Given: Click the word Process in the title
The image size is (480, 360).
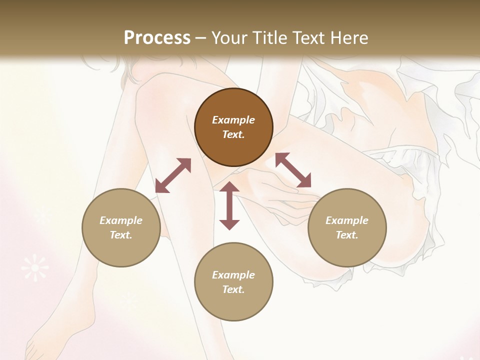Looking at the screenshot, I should tap(157, 38).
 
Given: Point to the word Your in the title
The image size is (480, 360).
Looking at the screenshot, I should tap(230, 38).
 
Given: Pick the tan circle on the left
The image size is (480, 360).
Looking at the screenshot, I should tap(121, 227).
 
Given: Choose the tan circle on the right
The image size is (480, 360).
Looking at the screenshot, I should tap(347, 227).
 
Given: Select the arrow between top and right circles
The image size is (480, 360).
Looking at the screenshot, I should tap(293, 170).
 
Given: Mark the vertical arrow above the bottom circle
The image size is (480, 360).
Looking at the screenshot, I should tap(229, 205).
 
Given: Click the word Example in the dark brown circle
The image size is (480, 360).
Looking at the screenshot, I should tap(233, 120).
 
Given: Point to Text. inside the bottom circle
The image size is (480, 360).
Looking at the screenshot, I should tap(233, 289).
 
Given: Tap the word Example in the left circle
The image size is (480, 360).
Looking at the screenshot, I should tap(121, 220).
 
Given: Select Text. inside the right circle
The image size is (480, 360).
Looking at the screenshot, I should tap(347, 235).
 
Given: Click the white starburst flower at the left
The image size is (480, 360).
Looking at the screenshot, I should tap(35, 267).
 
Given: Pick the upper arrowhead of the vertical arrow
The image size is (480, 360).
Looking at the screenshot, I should tap(229, 188).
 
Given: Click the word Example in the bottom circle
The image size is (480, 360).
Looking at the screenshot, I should tap(233, 275).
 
